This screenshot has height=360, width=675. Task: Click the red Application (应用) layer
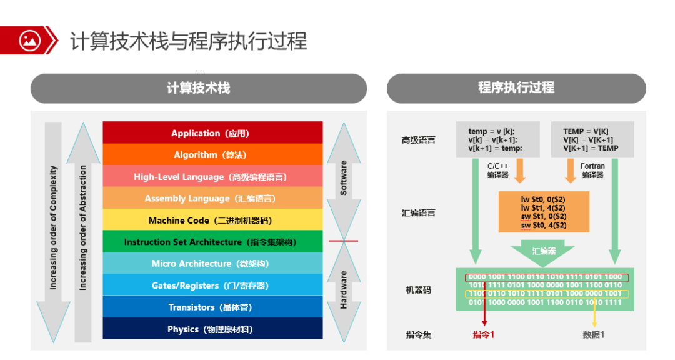(x=212, y=133)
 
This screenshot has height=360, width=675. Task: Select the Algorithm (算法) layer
(x=212, y=155)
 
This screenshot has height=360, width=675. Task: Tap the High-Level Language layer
(x=212, y=177)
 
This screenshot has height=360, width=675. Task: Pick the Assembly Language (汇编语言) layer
(x=212, y=199)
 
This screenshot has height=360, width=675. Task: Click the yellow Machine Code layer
(x=212, y=220)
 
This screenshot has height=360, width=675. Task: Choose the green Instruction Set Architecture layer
(x=212, y=242)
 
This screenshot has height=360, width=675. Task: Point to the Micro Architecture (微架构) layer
(x=212, y=264)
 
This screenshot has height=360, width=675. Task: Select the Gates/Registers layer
(x=212, y=286)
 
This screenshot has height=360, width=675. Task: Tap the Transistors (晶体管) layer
(x=212, y=307)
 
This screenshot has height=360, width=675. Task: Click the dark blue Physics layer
(x=212, y=329)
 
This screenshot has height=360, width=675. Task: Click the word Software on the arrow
(x=343, y=178)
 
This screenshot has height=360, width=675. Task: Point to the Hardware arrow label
(x=343, y=289)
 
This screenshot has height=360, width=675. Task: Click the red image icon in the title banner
(x=29, y=41)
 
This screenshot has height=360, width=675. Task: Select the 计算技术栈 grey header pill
(x=198, y=88)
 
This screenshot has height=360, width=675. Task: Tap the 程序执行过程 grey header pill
(x=516, y=88)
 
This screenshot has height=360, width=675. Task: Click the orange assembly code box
(x=544, y=212)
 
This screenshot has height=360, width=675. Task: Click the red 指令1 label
(x=484, y=335)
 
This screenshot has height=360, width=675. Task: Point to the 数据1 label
(x=594, y=335)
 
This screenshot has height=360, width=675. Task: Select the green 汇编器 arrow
(x=544, y=251)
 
